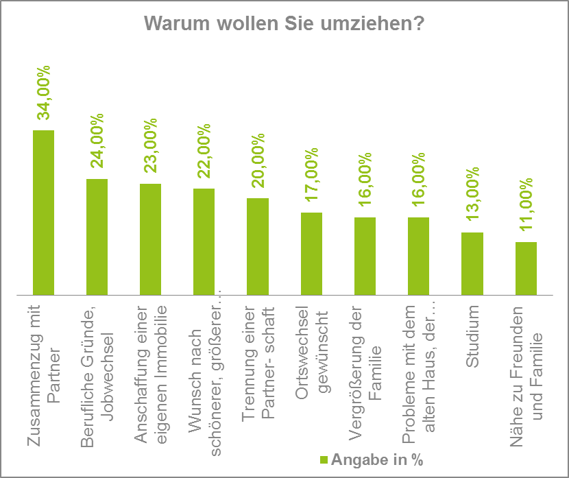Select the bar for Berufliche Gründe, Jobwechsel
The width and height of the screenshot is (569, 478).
[x=97, y=237]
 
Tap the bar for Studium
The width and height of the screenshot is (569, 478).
[x=472, y=263]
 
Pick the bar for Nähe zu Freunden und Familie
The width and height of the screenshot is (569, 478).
[x=526, y=268]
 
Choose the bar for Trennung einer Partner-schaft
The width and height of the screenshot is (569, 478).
[x=258, y=246]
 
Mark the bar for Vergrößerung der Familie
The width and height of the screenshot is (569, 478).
[x=365, y=256]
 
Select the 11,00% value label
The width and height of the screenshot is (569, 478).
[x=526, y=207]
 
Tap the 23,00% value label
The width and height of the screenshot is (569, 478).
[x=150, y=146]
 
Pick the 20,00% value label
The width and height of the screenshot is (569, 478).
[x=258, y=162]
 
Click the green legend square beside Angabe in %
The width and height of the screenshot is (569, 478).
[x=325, y=460]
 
